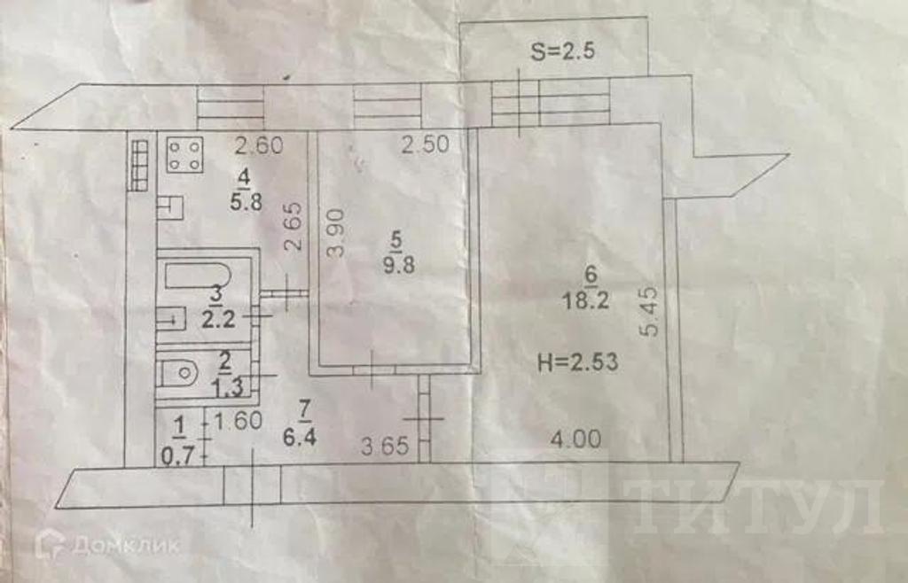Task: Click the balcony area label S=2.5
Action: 563,51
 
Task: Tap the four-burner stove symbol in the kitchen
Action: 184,155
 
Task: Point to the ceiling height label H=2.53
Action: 578,362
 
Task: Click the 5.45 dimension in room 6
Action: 650,311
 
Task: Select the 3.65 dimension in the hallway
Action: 385,446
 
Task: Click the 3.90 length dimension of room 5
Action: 336,232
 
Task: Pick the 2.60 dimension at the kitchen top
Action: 259,144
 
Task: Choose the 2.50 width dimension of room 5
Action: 426,144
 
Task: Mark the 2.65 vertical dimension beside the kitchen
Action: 294,226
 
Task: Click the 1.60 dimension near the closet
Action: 238,421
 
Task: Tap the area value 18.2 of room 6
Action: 585,301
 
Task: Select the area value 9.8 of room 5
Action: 399,266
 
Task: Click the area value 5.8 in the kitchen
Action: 247,202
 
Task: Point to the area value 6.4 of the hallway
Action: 300,437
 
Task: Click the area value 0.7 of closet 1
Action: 177,456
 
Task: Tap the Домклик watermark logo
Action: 107,544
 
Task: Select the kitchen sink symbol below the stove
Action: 170,207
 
